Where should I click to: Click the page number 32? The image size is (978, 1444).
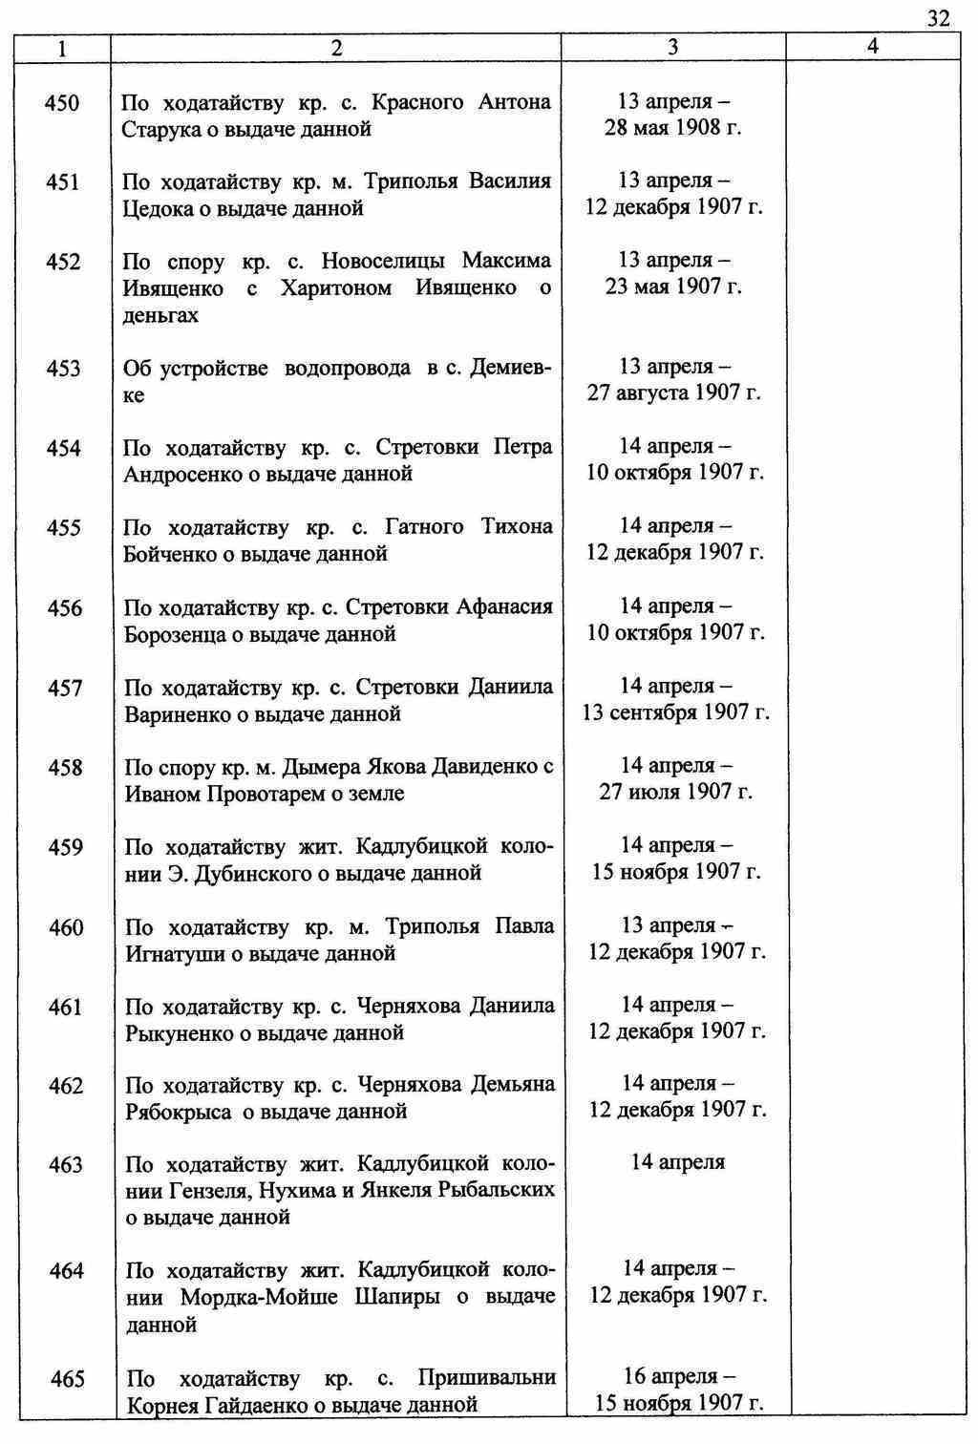(x=937, y=18)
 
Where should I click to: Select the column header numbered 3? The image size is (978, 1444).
(x=672, y=47)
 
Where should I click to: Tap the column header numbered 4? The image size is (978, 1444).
(x=872, y=47)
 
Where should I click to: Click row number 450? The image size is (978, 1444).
(x=62, y=103)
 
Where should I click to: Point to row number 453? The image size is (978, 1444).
(x=63, y=369)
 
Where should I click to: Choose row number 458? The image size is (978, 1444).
(x=64, y=768)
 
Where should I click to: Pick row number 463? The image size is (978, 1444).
(x=65, y=1165)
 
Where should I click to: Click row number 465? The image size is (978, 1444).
(x=67, y=1379)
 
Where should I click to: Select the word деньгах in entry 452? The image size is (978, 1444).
(x=160, y=315)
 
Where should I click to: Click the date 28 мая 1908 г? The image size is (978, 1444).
(x=672, y=128)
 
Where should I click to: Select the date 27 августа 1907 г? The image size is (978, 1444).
(x=673, y=393)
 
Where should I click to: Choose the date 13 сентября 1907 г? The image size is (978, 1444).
(x=674, y=712)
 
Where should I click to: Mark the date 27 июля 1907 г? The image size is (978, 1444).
(x=674, y=792)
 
